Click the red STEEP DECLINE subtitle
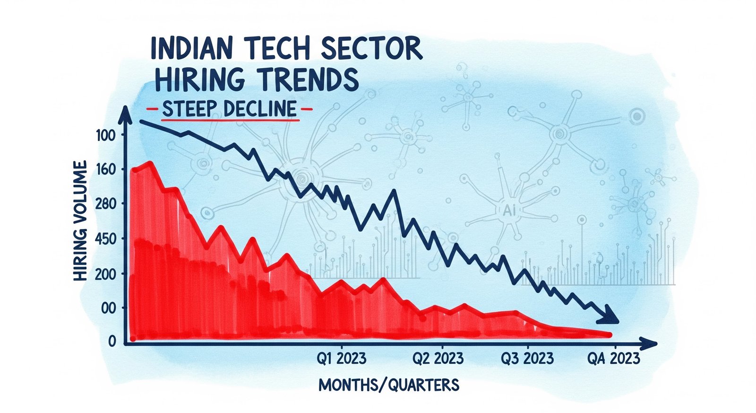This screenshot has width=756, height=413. [x=229, y=109]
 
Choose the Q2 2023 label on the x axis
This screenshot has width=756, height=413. [x=438, y=358]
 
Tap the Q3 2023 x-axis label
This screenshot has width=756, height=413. [x=527, y=358]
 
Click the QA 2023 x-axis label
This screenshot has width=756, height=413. [x=613, y=358]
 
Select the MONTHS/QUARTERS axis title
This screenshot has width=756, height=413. [x=388, y=385]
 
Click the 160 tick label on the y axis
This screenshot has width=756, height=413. [x=105, y=169]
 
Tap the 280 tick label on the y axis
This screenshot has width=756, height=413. [x=105, y=204]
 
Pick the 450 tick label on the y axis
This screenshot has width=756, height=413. [x=105, y=239]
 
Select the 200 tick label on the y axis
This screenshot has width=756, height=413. [x=105, y=274]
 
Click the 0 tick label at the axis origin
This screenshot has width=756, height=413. [x=112, y=342]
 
